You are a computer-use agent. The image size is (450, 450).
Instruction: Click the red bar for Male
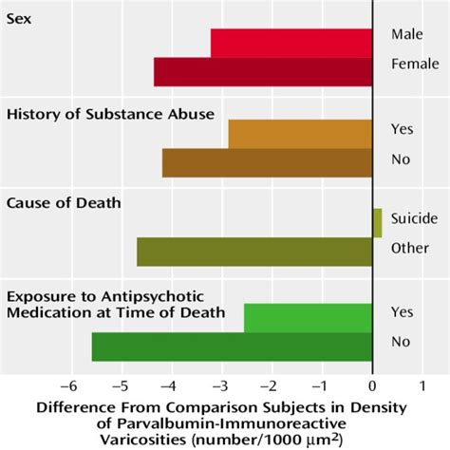291,43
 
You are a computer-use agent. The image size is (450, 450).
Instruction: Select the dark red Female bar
263,72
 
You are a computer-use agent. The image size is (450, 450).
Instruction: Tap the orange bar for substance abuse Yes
300,134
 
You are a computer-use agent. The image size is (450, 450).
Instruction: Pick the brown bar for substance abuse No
267,162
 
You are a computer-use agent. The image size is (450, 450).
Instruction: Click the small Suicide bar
377,223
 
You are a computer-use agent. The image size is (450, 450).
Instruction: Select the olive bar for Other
254,252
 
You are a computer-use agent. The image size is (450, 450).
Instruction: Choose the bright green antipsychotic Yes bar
308,317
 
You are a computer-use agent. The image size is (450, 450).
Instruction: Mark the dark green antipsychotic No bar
232,347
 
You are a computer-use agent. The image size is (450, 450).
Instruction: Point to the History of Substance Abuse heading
111,115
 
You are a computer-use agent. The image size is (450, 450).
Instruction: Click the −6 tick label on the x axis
66,386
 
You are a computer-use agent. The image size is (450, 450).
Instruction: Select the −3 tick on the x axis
219,386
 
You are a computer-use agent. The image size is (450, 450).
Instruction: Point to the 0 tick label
372,386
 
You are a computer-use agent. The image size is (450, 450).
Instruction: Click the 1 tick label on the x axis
422,386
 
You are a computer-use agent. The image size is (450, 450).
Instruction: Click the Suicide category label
414,218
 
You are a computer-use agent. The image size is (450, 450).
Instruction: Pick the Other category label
408,248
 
